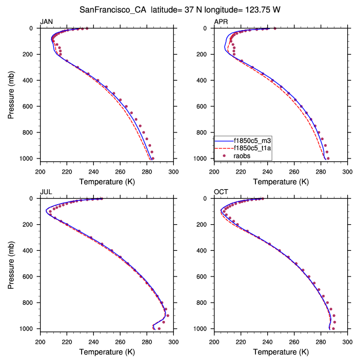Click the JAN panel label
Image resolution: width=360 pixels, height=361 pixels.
coord(46,21)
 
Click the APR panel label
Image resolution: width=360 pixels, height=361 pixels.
coord(221,21)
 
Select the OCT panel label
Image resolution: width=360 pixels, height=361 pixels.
coord(221,192)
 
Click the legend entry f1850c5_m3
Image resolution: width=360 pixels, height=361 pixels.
coord(252,141)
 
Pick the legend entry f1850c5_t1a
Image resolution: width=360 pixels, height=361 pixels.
coord(252,149)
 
